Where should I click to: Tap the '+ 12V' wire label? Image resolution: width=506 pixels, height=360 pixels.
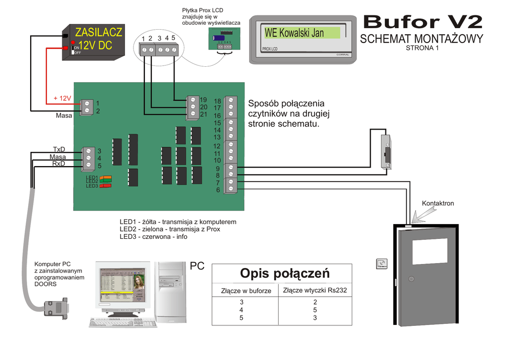pyautogui.click(x=63, y=98)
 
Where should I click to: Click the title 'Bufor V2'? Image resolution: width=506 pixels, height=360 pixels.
pyautogui.click(x=422, y=21)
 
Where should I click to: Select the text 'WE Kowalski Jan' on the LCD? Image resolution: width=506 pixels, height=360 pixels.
pyautogui.click(x=294, y=33)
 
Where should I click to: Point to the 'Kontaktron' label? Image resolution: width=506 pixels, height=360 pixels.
pyautogui.click(x=438, y=203)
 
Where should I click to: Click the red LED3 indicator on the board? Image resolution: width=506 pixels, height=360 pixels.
pyautogui.click(x=105, y=186)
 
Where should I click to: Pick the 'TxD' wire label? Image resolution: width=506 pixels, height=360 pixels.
pyautogui.click(x=59, y=149)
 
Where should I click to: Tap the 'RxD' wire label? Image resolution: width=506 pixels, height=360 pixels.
pyautogui.click(x=58, y=164)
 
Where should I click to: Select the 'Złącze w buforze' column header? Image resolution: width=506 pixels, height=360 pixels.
pyautogui.click(x=246, y=291)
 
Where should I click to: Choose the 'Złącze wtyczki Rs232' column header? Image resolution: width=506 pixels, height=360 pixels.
pyautogui.click(x=315, y=290)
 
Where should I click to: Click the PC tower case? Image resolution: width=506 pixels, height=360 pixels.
pyautogui.click(x=170, y=291)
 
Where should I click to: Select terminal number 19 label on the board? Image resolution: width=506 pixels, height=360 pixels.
pyautogui.click(x=203, y=100)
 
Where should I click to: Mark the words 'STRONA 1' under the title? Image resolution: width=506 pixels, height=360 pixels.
pyautogui.click(x=422, y=48)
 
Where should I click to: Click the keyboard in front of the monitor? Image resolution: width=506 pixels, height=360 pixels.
pyautogui.click(x=123, y=323)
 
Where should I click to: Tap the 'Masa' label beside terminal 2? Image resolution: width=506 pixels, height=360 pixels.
pyautogui.click(x=64, y=116)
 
